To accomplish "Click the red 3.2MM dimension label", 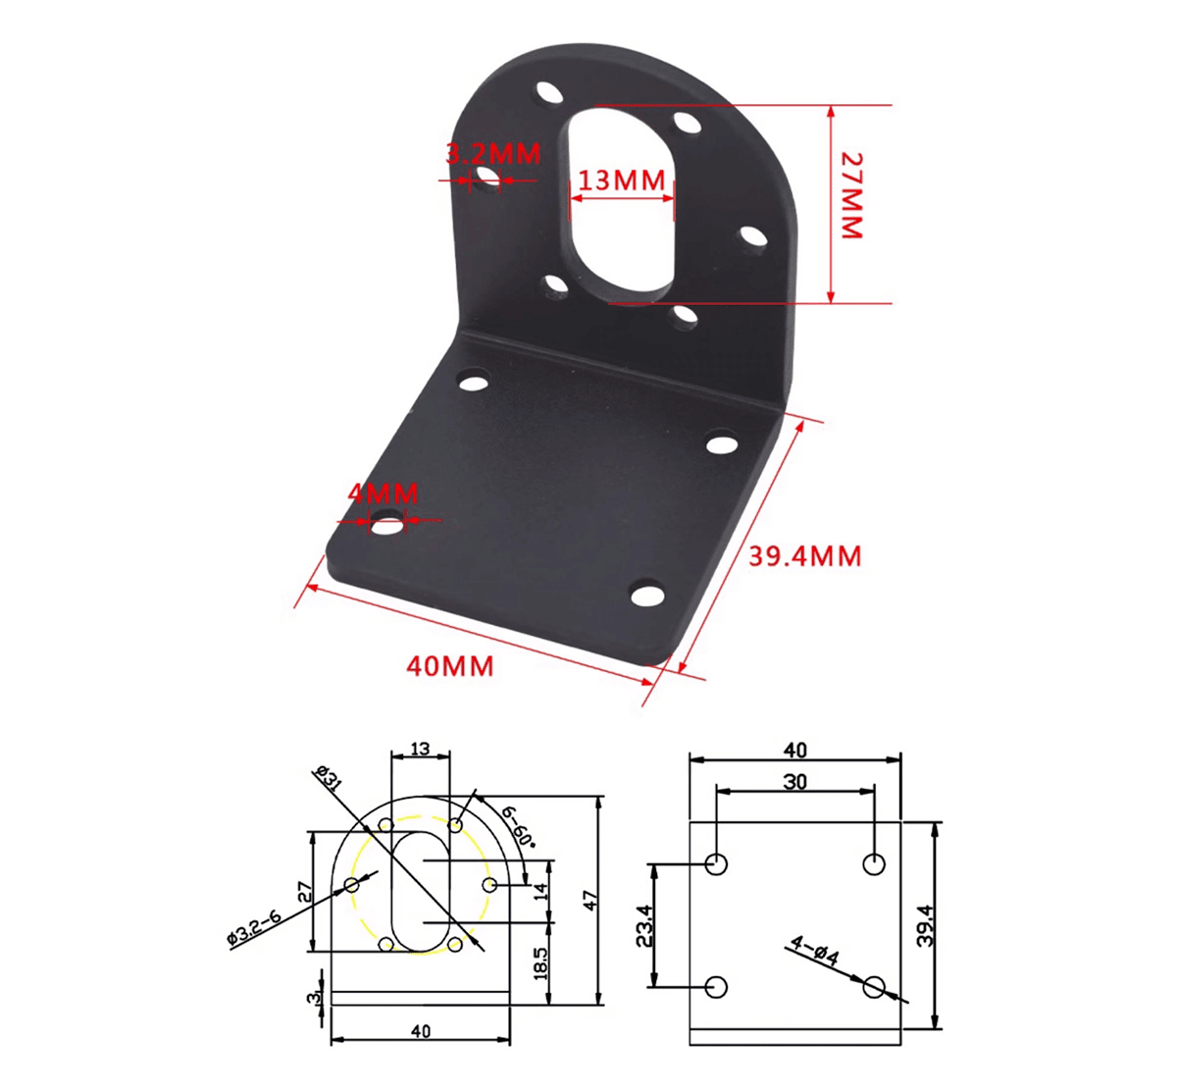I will click(x=492, y=155).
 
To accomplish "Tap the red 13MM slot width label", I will click(x=621, y=181).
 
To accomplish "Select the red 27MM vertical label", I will click(x=851, y=195).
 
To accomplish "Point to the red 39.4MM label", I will click(x=805, y=556).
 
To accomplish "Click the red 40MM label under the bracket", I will click(x=450, y=666).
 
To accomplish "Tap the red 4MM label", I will click(x=384, y=493).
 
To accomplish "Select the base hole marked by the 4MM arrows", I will click(x=387, y=526).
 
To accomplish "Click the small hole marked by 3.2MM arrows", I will click(x=486, y=178).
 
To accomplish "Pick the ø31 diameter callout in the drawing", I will click(x=328, y=780).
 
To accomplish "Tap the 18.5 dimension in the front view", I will click(x=540, y=962).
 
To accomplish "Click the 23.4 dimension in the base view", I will click(x=642, y=925).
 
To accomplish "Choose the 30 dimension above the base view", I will click(x=795, y=781).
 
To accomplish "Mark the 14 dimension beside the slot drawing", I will click(x=540, y=892).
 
